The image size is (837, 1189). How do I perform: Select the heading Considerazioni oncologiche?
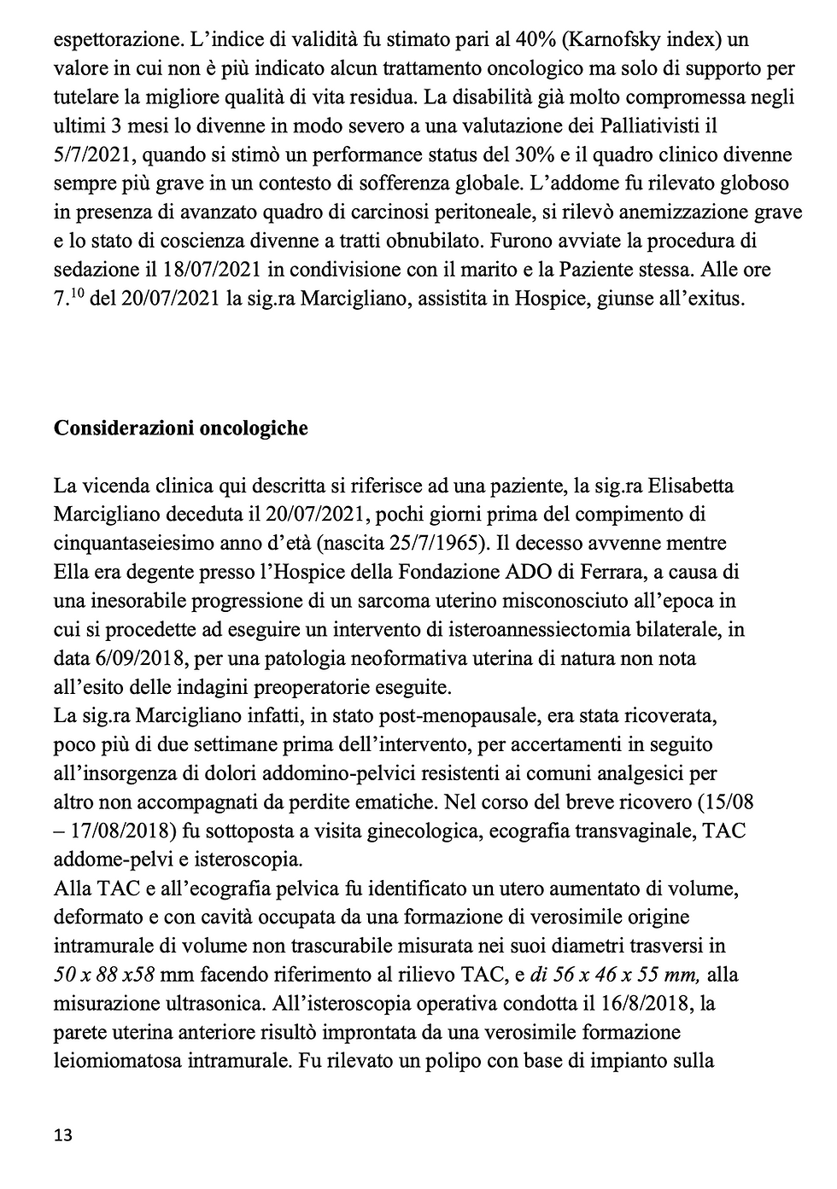[180, 428]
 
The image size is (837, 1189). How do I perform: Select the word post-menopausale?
[399, 716]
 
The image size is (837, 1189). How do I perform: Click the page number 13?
[62, 1134]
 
